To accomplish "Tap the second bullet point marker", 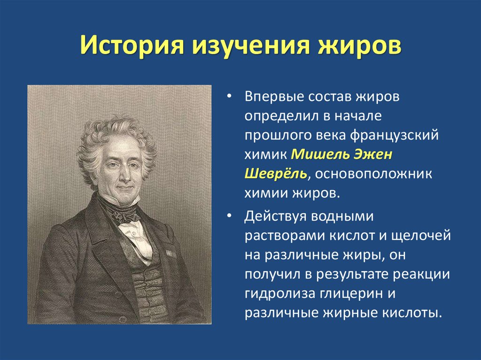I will [229, 217].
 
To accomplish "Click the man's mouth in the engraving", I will [124, 186].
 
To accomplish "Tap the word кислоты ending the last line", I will [419, 313].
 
